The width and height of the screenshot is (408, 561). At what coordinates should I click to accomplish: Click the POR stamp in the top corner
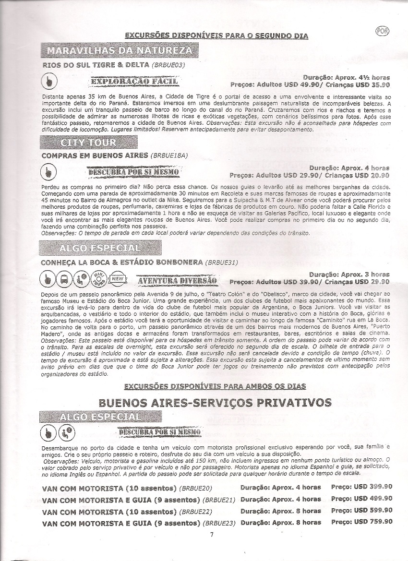[383, 31]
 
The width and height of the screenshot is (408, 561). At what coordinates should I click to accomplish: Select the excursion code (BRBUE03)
[168, 64]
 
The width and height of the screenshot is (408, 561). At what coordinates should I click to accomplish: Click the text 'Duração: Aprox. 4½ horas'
[346, 77]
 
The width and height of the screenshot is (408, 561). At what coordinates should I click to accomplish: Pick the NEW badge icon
[117, 279]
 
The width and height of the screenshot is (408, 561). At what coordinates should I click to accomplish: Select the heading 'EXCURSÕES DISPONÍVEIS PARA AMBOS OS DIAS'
[215, 386]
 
